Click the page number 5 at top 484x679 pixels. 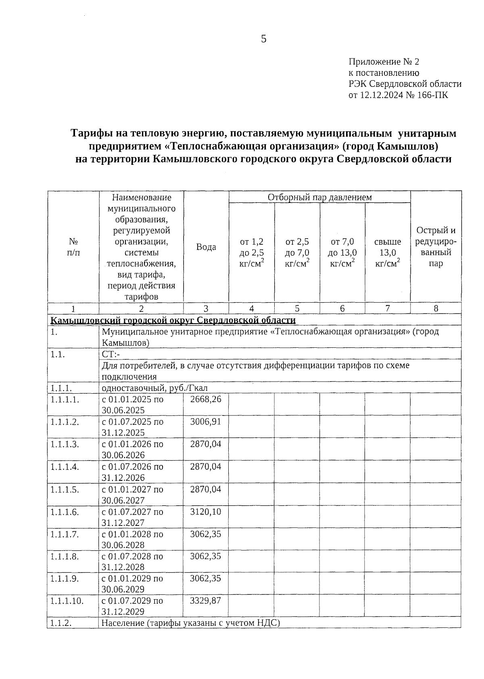pyautogui.click(x=264, y=39)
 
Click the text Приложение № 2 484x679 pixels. pyautogui.click(x=384, y=62)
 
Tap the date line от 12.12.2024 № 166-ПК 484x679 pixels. pyautogui.click(x=398, y=95)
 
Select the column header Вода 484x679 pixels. pyautogui.click(x=206, y=247)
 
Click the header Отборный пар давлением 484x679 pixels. pyautogui.click(x=319, y=197)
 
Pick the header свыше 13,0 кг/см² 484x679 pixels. pyautogui.click(x=387, y=253)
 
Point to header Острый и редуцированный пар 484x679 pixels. pyautogui.click(x=436, y=247)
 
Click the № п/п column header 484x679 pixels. pyautogui.click(x=73, y=247)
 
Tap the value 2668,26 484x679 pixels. pyautogui.click(x=206, y=399)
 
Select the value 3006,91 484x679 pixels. pyautogui.click(x=206, y=422)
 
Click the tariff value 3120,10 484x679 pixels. pyautogui.click(x=206, y=512)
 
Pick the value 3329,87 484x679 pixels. pyautogui.click(x=206, y=600)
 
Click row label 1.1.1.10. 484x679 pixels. pyautogui.click(x=67, y=601)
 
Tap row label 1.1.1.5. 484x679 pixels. pyautogui.click(x=65, y=490)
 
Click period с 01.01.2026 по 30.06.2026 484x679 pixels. pyautogui.click(x=132, y=450)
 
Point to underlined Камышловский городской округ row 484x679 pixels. pyautogui.click(x=173, y=320)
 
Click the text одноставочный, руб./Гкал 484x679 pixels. pyautogui.click(x=154, y=388)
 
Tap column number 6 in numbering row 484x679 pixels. pyautogui.click(x=342, y=309)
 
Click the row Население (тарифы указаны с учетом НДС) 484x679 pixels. pyautogui.click(x=190, y=634)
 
